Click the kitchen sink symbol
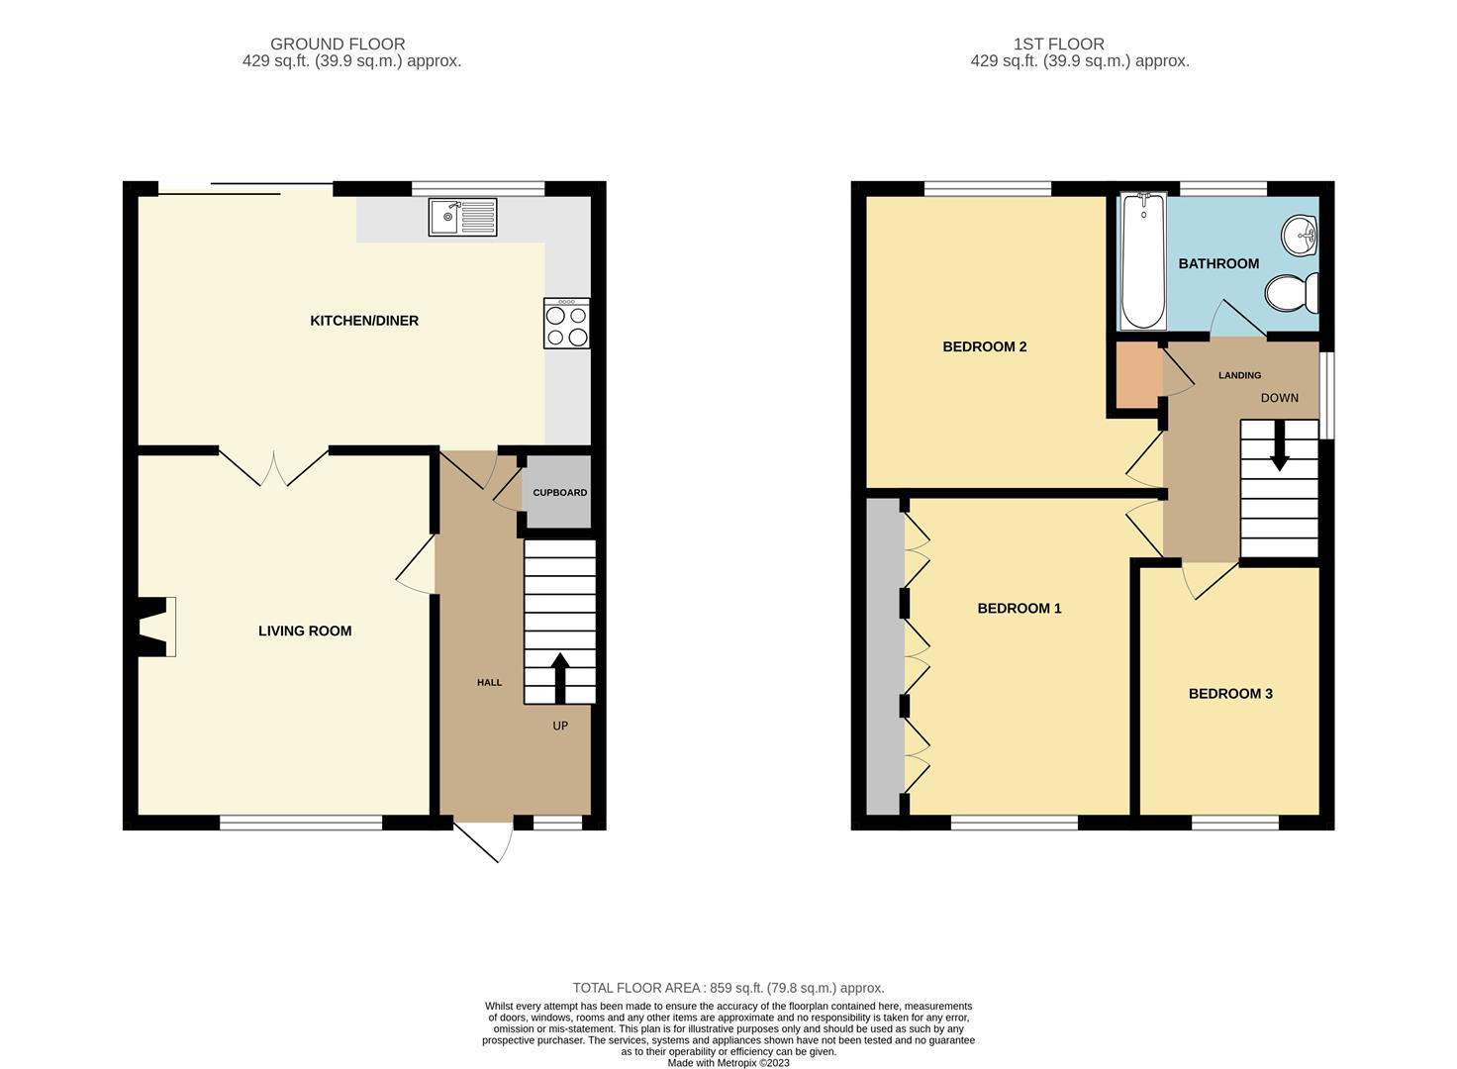pyautogui.click(x=462, y=217)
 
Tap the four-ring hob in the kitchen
pyautogui.click(x=566, y=324)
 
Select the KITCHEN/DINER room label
pyautogui.click(x=364, y=321)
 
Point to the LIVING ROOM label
pyautogui.click(x=305, y=631)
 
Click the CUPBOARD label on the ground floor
pyautogui.click(x=559, y=492)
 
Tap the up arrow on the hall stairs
pyautogui.click(x=560, y=677)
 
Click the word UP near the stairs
pyautogui.click(x=560, y=726)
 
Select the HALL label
pyautogui.click(x=489, y=682)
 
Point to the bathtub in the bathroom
pyautogui.click(x=1143, y=261)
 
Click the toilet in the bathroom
pyautogui.click(x=1293, y=293)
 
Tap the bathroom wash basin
pyautogui.click(x=1301, y=236)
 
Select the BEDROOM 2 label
pyautogui.click(x=984, y=346)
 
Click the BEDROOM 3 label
pyautogui.click(x=1230, y=694)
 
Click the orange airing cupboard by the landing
pyautogui.click(x=1138, y=375)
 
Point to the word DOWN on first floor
pyautogui.click(x=1279, y=398)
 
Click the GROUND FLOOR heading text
pyautogui.click(x=338, y=44)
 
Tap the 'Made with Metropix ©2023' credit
pyautogui.click(x=728, y=1063)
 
